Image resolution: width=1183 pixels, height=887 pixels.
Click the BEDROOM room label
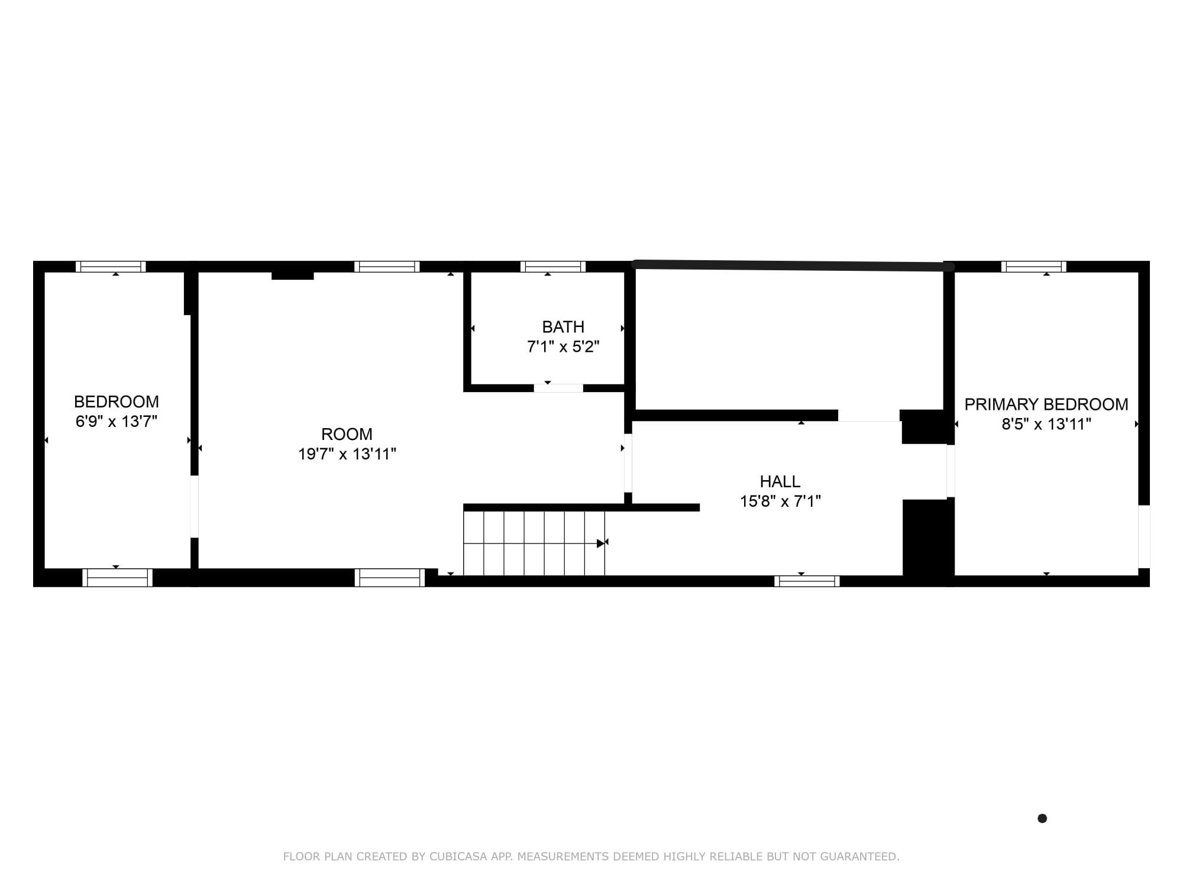click(116, 402)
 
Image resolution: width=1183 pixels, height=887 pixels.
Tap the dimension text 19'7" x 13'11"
click(347, 454)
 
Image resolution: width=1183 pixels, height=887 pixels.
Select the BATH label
click(563, 327)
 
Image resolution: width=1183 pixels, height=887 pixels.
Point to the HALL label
click(780, 481)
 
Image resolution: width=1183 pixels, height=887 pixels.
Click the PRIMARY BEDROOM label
click(1046, 404)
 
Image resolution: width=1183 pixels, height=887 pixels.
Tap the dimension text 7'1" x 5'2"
click(563, 347)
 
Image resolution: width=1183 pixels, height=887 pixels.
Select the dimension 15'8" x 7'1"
click(780, 501)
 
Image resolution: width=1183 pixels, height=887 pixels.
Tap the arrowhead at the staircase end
click(602, 543)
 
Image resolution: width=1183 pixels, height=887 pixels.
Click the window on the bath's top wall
click(552, 267)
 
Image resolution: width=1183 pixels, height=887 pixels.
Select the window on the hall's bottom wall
click(807, 581)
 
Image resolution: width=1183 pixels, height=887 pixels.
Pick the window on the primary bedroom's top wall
click(1033, 267)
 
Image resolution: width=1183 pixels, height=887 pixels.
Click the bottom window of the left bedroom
click(117, 577)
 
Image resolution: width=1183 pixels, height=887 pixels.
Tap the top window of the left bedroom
click(111, 267)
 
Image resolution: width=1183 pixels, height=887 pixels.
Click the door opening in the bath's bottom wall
click(558, 389)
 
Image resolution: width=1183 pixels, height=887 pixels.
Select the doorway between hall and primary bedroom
click(950, 471)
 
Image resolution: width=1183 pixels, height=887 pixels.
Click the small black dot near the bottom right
click(1042, 818)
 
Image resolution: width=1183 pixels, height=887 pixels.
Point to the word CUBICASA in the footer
click(458, 856)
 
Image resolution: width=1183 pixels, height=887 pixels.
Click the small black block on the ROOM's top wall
click(292, 276)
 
